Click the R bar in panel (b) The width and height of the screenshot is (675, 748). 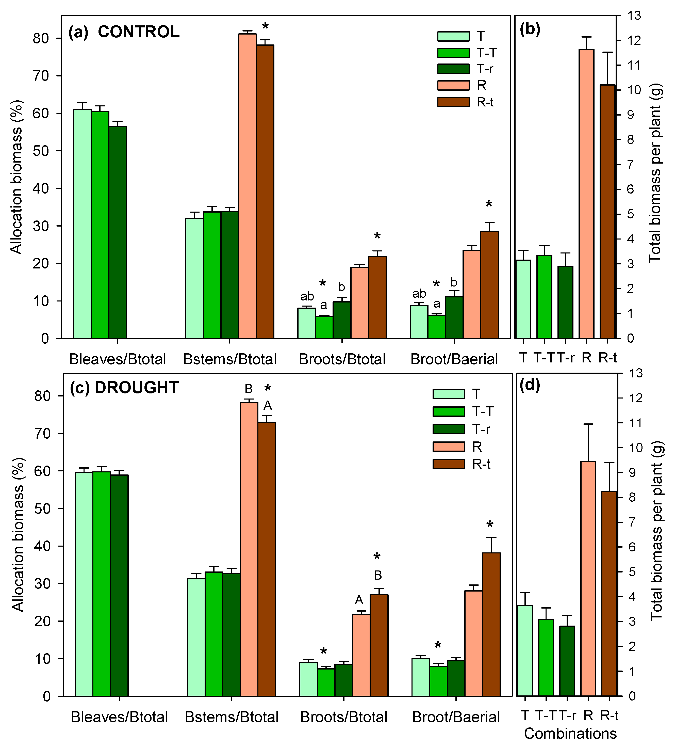click(x=586, y=193)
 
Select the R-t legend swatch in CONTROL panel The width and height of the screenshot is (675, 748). click(x=453, y=102)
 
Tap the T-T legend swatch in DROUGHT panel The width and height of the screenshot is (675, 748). click(x=448, y=411)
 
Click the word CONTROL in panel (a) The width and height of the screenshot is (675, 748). click(x=139, y=32)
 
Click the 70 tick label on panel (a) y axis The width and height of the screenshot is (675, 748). click(x=41, y=76)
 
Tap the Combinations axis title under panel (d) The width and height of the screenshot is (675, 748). click(x=570, y=734)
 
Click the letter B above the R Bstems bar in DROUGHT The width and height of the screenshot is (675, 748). click(x=249, y=389)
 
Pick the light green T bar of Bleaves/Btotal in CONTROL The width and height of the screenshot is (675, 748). click(x=82, y=222)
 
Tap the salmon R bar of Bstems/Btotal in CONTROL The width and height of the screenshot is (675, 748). click(x=247, y=185)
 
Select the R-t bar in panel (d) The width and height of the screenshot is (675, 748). click(x=609, y=594)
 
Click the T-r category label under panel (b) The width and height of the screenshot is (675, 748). click(x=566, y=358)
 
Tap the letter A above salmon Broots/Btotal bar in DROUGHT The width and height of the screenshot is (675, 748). click(x=359, y=600)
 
